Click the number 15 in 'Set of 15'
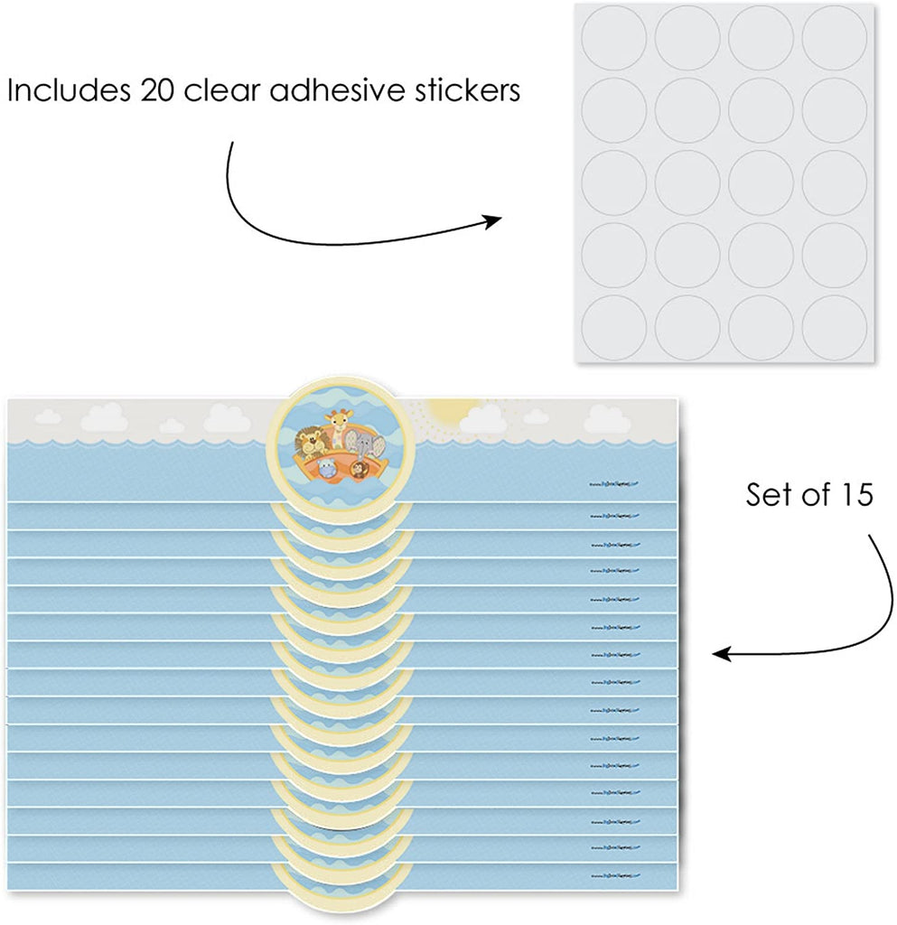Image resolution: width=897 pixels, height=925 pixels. [850, 496]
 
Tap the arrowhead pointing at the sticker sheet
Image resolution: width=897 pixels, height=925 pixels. [496, 221]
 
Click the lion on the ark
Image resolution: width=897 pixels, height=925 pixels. [312, 440]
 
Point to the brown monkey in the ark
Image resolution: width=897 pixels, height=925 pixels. [360, 467]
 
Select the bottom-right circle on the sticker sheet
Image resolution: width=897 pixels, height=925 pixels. [834, 326]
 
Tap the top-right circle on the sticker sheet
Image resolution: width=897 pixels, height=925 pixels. [834, 38]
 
